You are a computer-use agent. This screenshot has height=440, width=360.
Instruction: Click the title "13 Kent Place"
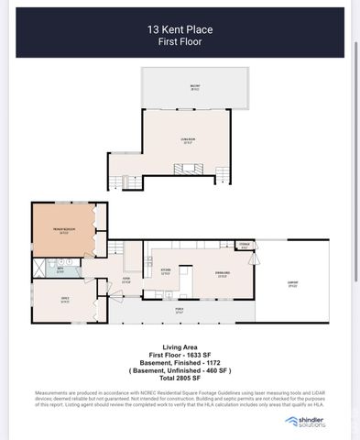point(180,29)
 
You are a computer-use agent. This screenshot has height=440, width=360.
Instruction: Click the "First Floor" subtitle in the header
point(180,42)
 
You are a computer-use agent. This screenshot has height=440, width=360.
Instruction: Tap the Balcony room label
point(194,88)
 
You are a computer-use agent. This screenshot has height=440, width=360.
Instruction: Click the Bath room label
point(60,270)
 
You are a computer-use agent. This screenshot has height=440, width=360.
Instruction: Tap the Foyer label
point(126,281)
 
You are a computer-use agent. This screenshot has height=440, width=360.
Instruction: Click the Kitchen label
point(166,271)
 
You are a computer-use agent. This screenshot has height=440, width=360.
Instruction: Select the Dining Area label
point(223,273)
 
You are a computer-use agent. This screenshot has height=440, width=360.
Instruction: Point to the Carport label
point(292,286)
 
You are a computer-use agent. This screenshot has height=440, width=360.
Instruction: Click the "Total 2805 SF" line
point(180,379)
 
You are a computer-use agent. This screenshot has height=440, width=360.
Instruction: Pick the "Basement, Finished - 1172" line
point(180,362)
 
